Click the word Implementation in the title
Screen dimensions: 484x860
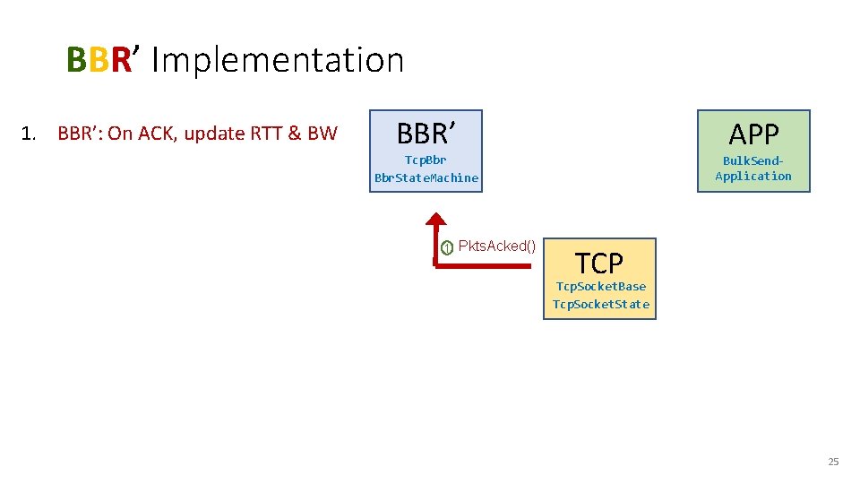tap(278, 60)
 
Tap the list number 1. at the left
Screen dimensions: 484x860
tap(29, 134)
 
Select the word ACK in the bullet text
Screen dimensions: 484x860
tap(158, 134)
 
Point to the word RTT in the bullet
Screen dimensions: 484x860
tap(268, 134)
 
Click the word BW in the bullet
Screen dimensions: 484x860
tap(322, 134)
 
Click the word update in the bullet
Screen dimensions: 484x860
tap(211, 134)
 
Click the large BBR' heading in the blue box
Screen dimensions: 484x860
tap(426, 134)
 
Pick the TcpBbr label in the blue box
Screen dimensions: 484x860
tap(426, 160)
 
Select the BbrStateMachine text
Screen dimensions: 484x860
tap(426, 177)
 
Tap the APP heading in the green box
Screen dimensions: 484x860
tap(753, 134)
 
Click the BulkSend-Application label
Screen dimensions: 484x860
tap(753, 169)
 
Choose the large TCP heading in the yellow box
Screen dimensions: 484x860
tap(598, 264)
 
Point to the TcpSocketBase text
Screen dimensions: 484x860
tap(600, 287)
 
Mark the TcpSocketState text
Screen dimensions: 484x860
tap(600, 304)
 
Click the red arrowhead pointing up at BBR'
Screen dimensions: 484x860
tap(436, 220)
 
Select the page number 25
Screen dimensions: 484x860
tap(832, 462)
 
